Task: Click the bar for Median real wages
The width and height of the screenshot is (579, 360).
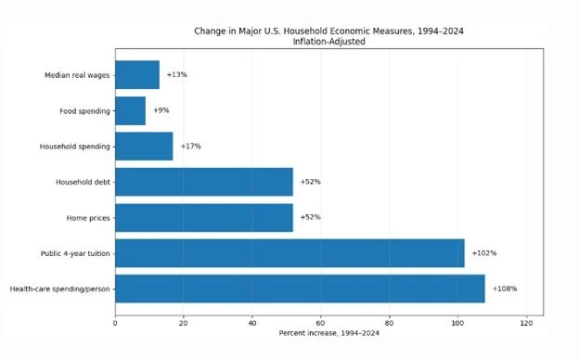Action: [137, 75]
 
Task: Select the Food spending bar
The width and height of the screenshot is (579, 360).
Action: [130, 110]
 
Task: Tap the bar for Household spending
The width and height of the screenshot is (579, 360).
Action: [144, 147]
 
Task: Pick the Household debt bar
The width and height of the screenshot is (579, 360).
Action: [204, 182]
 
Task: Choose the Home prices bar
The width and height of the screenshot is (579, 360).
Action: [204, 218]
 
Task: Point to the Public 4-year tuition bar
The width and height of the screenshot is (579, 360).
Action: [289, 253]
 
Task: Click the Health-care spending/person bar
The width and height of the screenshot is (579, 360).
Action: [301, 289]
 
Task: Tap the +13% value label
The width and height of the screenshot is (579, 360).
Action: [177, 74]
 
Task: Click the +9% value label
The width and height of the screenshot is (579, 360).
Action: [161, 110]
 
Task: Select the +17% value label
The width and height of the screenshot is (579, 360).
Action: [191, 147]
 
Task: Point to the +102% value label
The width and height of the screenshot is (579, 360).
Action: [484, 253]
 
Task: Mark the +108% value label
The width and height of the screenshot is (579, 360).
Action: [505, 289]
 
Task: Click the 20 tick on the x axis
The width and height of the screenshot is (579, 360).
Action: [184, 323]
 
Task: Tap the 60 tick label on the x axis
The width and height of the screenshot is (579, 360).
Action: [320, 323]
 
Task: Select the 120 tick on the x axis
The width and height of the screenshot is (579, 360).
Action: [526, 323]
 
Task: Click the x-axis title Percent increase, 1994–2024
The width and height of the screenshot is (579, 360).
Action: [329, 333]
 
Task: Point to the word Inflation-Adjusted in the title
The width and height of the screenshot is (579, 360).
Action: [329, 42]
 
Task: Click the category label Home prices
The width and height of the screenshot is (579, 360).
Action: [88, 218]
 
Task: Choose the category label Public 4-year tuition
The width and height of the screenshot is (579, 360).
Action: [75, 253]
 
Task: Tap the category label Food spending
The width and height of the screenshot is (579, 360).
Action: [85, 111]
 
